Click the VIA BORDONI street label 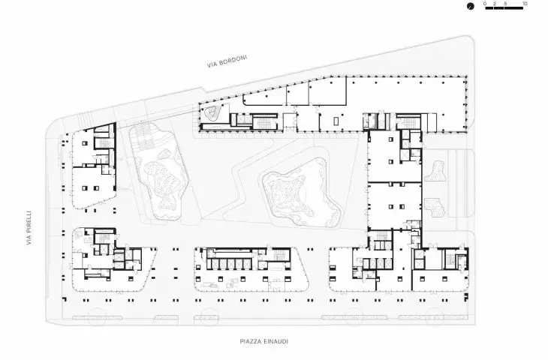pyautogui.click(x=227, y=61)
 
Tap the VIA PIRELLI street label pyautogui.click(x=29, y=227)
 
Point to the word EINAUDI pyautogui.click(x=277, y=341)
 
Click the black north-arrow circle pyautogui.click(x=471, y=6)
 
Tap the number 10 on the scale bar pyautogui.click(x=525, y=4)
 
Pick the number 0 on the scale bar pyautogui.click(x=485, y=4)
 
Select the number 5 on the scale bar pyautogui.click(x=505, y=4)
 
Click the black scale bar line pyautogui.click(x=504, y=7)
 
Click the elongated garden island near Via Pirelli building pyautogui.click(x=159, y=171)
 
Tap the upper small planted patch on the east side pyautogui.click(x=435, y=171)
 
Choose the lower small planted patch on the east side pyautogui.click(x=435, y=207)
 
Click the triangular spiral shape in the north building pyautogui.click(x=212, y=112)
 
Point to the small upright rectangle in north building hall pyautogui.click(x=336, y=121)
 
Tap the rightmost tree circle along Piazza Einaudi pyautogui.click(x=435, y=317)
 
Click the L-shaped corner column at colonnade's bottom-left pyautogui.click(x=65, y=299)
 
